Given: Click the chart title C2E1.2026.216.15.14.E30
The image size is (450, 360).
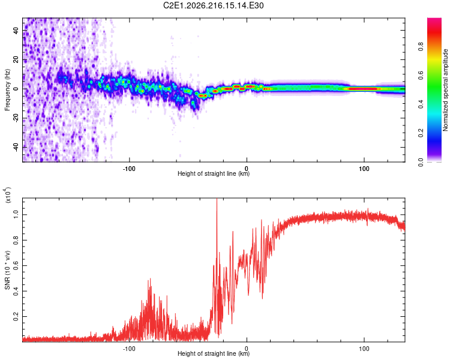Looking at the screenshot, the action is tap(213, 5).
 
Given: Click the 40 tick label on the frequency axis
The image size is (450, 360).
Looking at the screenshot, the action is tap(16, 31).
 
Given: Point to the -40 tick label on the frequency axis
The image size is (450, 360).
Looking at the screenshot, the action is tap(16, 148).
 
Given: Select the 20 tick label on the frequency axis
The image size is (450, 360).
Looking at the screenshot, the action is tap(16, 60).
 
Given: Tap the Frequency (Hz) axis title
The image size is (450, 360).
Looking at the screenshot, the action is tap(7, 90).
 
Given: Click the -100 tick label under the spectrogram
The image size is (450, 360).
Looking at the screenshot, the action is tap(129, 169).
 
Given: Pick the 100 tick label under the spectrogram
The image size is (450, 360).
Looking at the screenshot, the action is tap(364, 169).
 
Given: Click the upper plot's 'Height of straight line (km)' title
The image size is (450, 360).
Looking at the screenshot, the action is tap(214, 173).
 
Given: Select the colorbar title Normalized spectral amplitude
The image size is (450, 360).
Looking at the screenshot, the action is tap(445, 90).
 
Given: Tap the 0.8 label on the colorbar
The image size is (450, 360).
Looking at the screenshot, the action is tap(421, 47).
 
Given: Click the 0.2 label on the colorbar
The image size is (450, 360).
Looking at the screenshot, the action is tap(421, 133).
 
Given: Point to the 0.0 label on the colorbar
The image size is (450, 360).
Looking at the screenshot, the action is tap(421, 162).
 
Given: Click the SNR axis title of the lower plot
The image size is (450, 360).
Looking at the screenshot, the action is tap(7, 270).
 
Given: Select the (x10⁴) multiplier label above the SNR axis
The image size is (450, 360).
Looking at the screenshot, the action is tap(8, 195).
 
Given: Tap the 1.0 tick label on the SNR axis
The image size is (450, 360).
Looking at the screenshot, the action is tap(16, 214).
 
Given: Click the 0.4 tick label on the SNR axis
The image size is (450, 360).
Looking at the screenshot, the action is tap(16, 291).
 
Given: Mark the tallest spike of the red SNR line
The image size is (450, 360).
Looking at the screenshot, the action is tap(217, 199).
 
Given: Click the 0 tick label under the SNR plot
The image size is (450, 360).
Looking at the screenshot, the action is tap(247, 349).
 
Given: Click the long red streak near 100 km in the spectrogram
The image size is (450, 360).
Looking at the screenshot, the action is tap(362, 89).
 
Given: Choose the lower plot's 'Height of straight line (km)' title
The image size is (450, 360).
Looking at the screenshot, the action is tap(214, 353).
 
